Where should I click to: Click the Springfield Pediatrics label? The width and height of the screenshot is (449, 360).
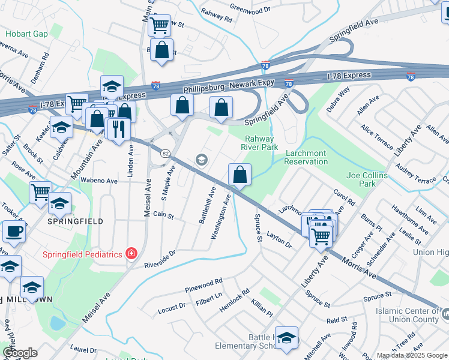pos(82,254)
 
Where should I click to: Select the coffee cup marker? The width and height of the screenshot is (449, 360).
pos(14,232)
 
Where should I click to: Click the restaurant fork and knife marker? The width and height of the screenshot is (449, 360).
pos(118,128)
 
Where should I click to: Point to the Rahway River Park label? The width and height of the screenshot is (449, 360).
pos(259,142)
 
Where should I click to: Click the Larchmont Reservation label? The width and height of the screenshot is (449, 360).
pos(306,157)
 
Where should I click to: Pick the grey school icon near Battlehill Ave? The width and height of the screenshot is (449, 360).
pos(202,159)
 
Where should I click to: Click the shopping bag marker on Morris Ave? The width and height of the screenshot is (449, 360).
pos(240,175)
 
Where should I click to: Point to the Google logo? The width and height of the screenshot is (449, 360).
pos(20,353)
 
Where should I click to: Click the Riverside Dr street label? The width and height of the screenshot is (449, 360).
pos(159,259)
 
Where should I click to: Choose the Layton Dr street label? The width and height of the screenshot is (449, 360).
pos(279,239)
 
